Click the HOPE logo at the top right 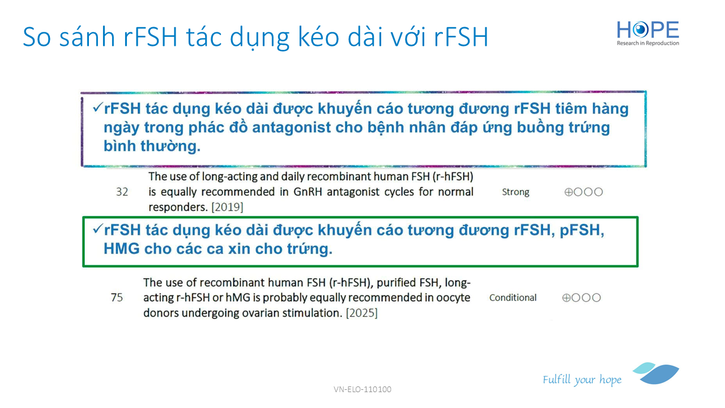point(647,33)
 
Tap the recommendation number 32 point(122,192)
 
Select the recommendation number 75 point(117,297)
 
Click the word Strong point(515,192)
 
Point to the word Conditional point(513,297)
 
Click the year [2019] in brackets point(227,207)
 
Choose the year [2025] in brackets point(361,313)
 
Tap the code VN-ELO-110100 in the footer point(362,389)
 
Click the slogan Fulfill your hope point(582,380)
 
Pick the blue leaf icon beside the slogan point(656,373)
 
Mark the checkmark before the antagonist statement point(98,107)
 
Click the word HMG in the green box point(122,249)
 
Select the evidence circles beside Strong point(583,192)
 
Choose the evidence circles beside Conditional point(582,297)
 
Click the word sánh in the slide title point(87,36)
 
